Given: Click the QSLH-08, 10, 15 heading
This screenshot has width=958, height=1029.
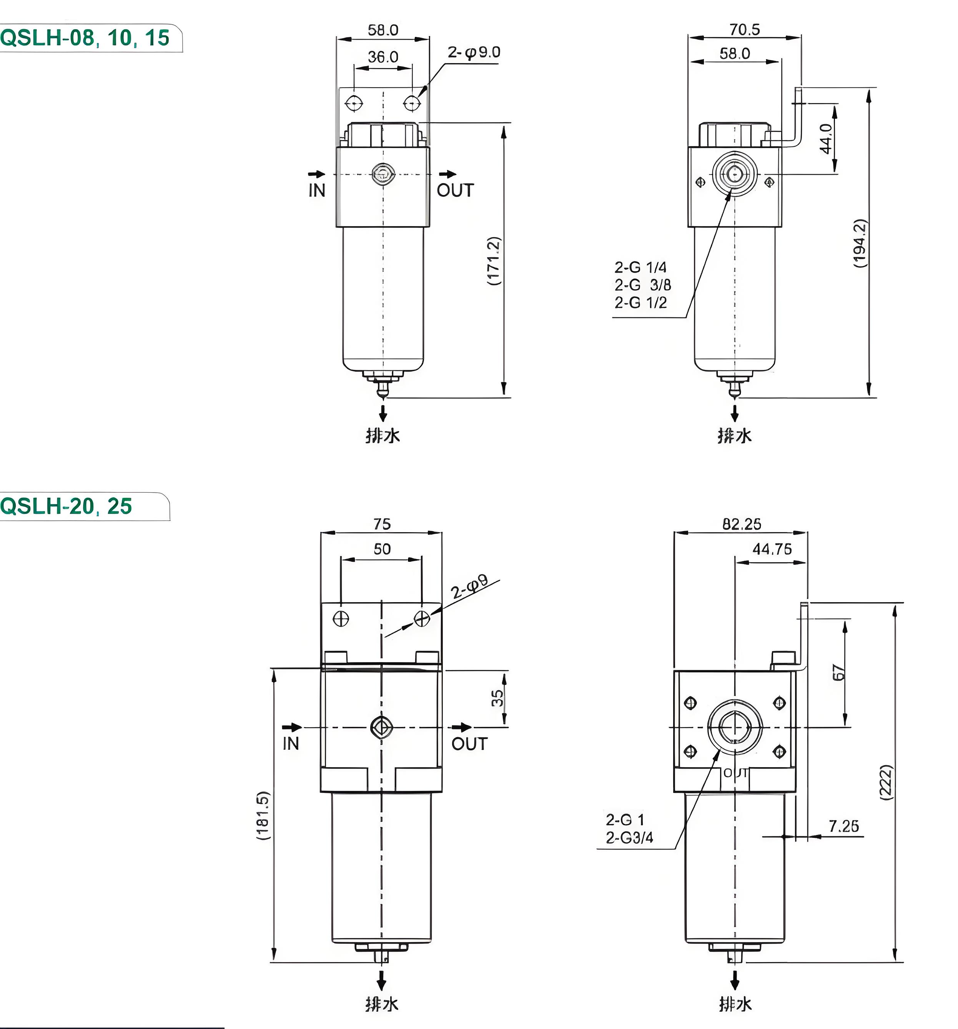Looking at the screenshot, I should [85, 38].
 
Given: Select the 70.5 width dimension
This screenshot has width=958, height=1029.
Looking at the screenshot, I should [744, 30].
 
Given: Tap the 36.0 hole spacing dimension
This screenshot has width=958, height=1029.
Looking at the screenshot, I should [383, 57].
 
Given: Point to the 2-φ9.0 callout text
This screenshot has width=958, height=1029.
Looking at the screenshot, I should [474, 52].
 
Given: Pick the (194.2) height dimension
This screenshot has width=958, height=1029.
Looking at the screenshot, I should [859, 243].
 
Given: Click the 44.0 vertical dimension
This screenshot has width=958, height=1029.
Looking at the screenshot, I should [826, 139].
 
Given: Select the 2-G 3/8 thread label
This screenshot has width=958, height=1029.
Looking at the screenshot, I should [643, 285].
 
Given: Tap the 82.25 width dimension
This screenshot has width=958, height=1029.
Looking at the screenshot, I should [742, 524].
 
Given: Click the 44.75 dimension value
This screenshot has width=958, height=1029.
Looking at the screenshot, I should [772, 549].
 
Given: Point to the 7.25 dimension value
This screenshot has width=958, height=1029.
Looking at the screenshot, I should [843, 826].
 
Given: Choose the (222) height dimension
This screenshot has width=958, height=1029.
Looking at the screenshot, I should [886, 782].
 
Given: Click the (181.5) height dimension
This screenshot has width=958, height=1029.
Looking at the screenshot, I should [263, 815].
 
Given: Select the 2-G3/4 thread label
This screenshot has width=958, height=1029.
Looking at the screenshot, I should [629, 838].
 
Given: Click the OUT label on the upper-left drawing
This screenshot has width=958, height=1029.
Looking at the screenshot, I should [456, 190].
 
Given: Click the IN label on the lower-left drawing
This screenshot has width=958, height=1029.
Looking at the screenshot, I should [291, 743].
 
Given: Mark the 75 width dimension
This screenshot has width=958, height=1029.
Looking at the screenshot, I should [382, 524].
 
